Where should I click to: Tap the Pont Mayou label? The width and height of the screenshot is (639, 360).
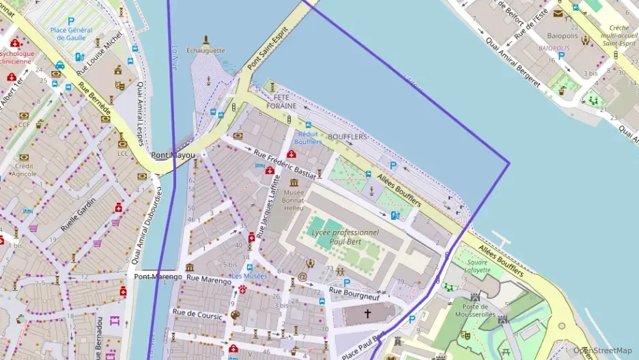tap(173, 155)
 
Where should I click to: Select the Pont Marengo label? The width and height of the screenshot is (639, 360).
tap(158, 277)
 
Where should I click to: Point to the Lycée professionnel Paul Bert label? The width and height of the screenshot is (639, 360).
tap(345, 236)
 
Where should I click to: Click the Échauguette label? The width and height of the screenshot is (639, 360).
tap(205, 50)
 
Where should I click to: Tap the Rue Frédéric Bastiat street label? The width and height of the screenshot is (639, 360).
tap(285, 164)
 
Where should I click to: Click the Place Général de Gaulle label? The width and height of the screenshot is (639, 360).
tap(71, 33)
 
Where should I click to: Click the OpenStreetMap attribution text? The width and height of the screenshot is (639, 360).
tap(602, 350)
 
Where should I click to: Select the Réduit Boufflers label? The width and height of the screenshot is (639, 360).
tap(308, 138)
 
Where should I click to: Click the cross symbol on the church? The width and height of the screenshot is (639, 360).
tap(367, 314)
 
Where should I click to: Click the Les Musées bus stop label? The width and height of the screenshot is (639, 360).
tap(249, 276)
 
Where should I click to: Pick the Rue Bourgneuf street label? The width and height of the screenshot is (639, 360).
tap(354, 292)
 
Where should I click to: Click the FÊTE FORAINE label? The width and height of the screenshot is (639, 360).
tap(281, 102)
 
